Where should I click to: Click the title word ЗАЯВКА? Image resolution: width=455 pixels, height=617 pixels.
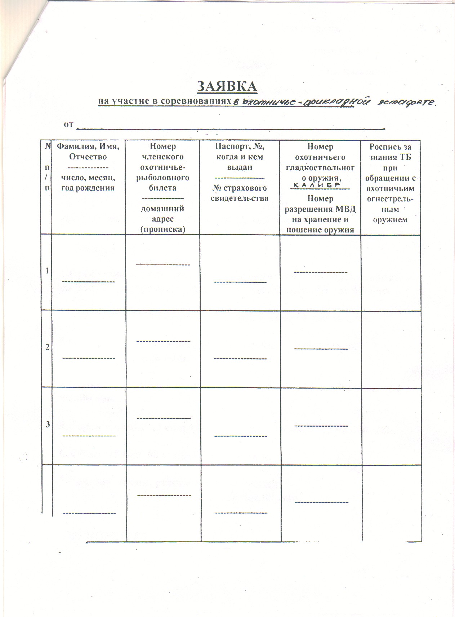point(227,86)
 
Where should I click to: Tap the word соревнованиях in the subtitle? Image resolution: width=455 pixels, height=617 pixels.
point(195,101)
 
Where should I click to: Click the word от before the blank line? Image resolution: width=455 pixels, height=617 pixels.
point(68,124)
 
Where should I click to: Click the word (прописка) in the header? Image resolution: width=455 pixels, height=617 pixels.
point(162,229)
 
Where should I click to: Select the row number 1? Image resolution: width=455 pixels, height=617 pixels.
point(48,271)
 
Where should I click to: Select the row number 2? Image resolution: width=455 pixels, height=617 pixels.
point(48,348)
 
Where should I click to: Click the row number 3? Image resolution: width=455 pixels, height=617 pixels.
point(48,425)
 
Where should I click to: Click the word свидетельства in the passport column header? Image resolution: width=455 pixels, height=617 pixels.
point(239,198)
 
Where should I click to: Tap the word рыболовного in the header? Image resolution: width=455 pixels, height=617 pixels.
point(163,178)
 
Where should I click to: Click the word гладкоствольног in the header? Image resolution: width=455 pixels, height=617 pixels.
point(320,168)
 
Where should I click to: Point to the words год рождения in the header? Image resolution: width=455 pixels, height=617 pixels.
point(88,188)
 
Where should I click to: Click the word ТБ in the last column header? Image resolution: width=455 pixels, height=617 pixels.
point(405,157)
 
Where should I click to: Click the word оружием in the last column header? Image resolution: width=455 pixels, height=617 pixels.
point(390,220)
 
